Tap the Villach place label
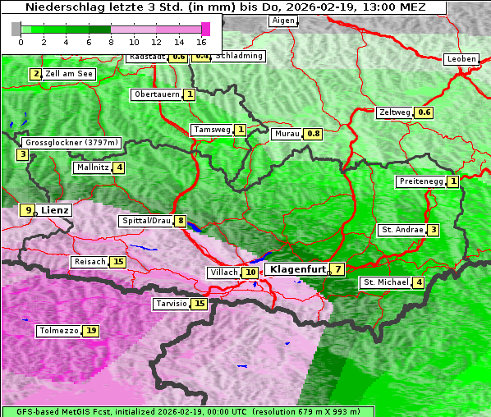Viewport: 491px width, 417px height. (x=223, y=272)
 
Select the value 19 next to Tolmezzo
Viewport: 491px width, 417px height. (x=91, y=331)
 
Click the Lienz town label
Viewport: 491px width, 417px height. (x=55, y=210)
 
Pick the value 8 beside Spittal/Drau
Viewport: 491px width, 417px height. (x=180, y=221)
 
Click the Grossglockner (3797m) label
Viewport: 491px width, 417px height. (x=71, y=142)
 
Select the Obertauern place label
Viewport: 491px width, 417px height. (x=157, y=94)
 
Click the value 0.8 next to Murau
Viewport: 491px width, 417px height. (x=313, y=133)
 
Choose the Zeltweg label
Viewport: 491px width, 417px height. (x=395, y=112)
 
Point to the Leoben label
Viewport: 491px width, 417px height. (x=460, y=59)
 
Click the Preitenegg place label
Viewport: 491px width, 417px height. (x=420, y=181)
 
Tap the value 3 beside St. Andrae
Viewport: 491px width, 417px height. (x=433, y=230)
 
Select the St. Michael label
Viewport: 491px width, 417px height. (x=386, y=282)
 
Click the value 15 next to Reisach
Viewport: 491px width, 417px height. (x=118, y=262)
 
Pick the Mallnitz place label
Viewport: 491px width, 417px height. (x=92, y=167)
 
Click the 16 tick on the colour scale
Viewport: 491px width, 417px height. (x=201, y=41)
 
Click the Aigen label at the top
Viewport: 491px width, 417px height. (x=282, y=21)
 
